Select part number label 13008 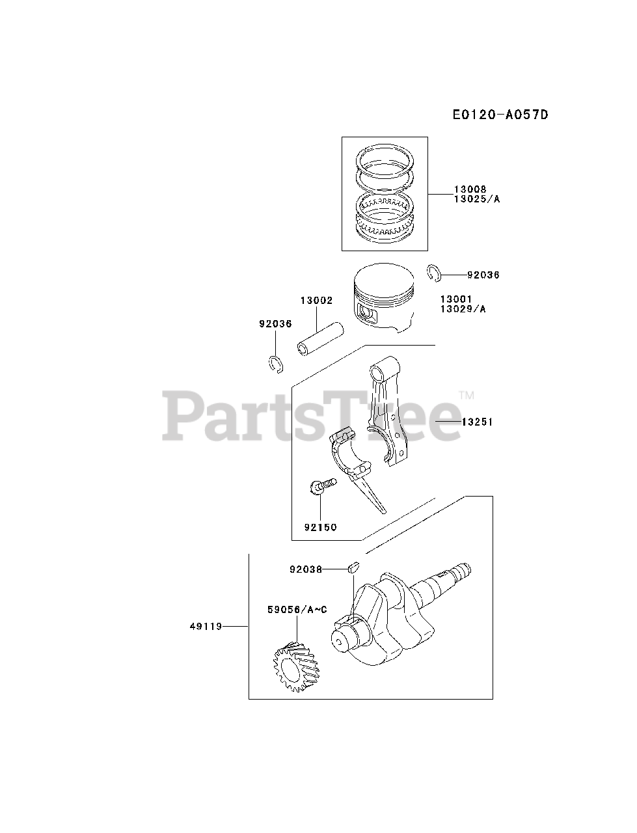(x=471, y=189)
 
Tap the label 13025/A (x=477, y=199)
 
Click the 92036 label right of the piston (x=483, y=275)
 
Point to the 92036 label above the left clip (x=275, y=323)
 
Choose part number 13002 (x=316, y=301)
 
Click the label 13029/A (x=463, y=308)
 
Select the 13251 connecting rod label (x=477, y=422)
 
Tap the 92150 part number (x=321, y=527)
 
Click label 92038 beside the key (x=306, y=569)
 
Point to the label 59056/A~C (x=297, y=610)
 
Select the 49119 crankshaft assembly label (x=206, y=626)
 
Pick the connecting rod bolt (x=323, y=485)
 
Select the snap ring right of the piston (x=435, y=274)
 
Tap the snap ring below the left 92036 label (x=277, y=364)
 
